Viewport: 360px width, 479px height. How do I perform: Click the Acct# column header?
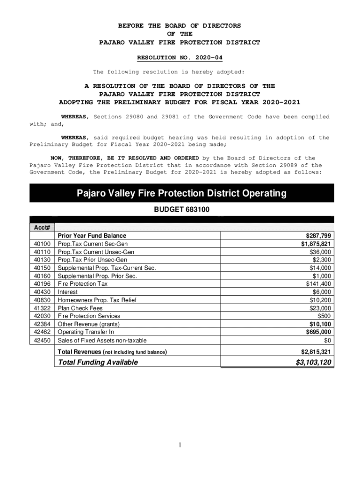click(42, 227)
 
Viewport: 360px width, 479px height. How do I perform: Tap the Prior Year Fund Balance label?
click(92, 236)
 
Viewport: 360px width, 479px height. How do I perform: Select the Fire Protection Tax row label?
click(83, 284)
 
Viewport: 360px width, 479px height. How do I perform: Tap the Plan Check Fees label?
click(80, 308)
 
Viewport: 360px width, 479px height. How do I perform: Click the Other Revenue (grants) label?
click(88, 324)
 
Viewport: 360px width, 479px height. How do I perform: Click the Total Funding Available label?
click(97, 363)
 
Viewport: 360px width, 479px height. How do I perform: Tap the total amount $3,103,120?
click(314, 363)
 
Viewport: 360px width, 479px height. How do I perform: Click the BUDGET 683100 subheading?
click(182, 210)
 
